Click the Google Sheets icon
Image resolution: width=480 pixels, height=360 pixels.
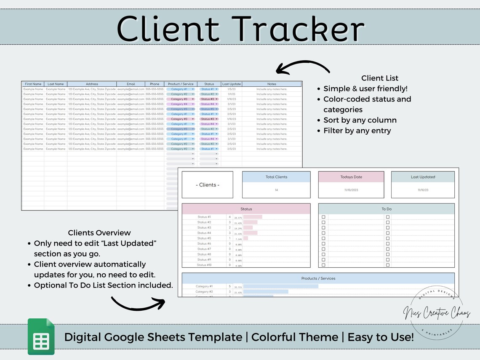click(41, 336)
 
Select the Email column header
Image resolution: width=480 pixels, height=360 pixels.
click(131, 84)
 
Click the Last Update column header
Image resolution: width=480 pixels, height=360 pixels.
click(232, 84)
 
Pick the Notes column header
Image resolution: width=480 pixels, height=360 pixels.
click(272, 84)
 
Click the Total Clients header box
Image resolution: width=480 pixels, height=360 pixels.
click(276, 177)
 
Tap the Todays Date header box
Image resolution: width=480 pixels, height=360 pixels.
click(351, 177)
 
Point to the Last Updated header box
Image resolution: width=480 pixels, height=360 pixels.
click(423, 177)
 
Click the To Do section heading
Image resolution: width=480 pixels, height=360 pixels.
click(386, 209)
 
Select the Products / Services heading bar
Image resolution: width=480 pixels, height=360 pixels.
click(318, 278)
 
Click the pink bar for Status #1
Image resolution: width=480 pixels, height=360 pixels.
click(253, 217)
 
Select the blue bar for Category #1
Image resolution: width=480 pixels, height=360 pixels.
click(280, 286)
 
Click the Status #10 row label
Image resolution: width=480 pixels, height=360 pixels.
click(205, 265)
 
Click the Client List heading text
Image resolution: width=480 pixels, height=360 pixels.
click(379, 78)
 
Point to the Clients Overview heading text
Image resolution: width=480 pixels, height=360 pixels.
click(99, 233)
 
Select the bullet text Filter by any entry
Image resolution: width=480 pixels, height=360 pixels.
click(357, 131)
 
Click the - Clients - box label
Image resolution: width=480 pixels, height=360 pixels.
click(208, 185)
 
